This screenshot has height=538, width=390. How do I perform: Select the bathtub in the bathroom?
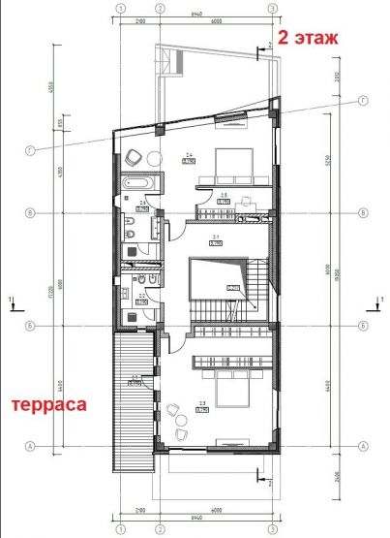point(135,181)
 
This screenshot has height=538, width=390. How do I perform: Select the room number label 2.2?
point(141,296)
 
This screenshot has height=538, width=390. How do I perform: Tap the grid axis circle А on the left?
point(31,446)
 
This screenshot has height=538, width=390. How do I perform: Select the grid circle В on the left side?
point(31,211)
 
